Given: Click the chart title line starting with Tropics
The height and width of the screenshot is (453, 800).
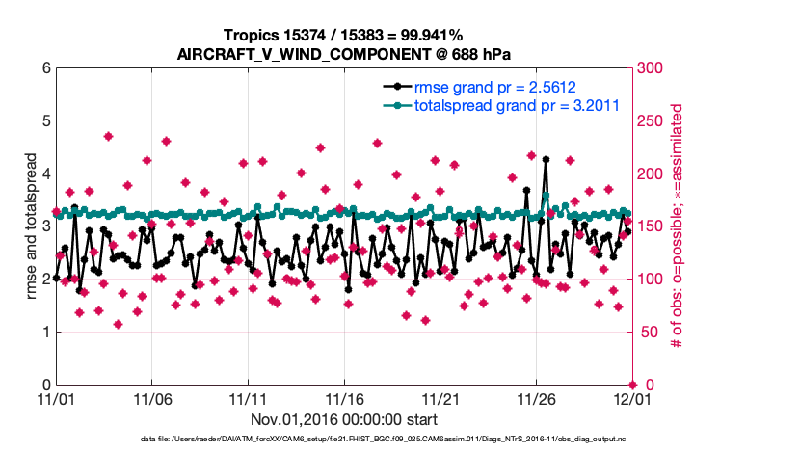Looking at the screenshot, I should pos(344,35).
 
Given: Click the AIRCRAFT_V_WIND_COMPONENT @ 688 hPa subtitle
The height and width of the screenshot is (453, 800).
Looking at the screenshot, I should pos(344,53).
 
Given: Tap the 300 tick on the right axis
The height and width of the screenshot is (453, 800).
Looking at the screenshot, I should pos(652,68).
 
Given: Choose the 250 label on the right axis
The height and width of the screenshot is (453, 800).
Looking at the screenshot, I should pos(652,121).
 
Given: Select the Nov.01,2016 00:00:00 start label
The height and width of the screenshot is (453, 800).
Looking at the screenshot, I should pos(344,419).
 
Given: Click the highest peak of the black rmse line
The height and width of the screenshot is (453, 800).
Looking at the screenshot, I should pos(547,160).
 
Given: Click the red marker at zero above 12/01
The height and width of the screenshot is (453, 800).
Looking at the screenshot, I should pos(632,385).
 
